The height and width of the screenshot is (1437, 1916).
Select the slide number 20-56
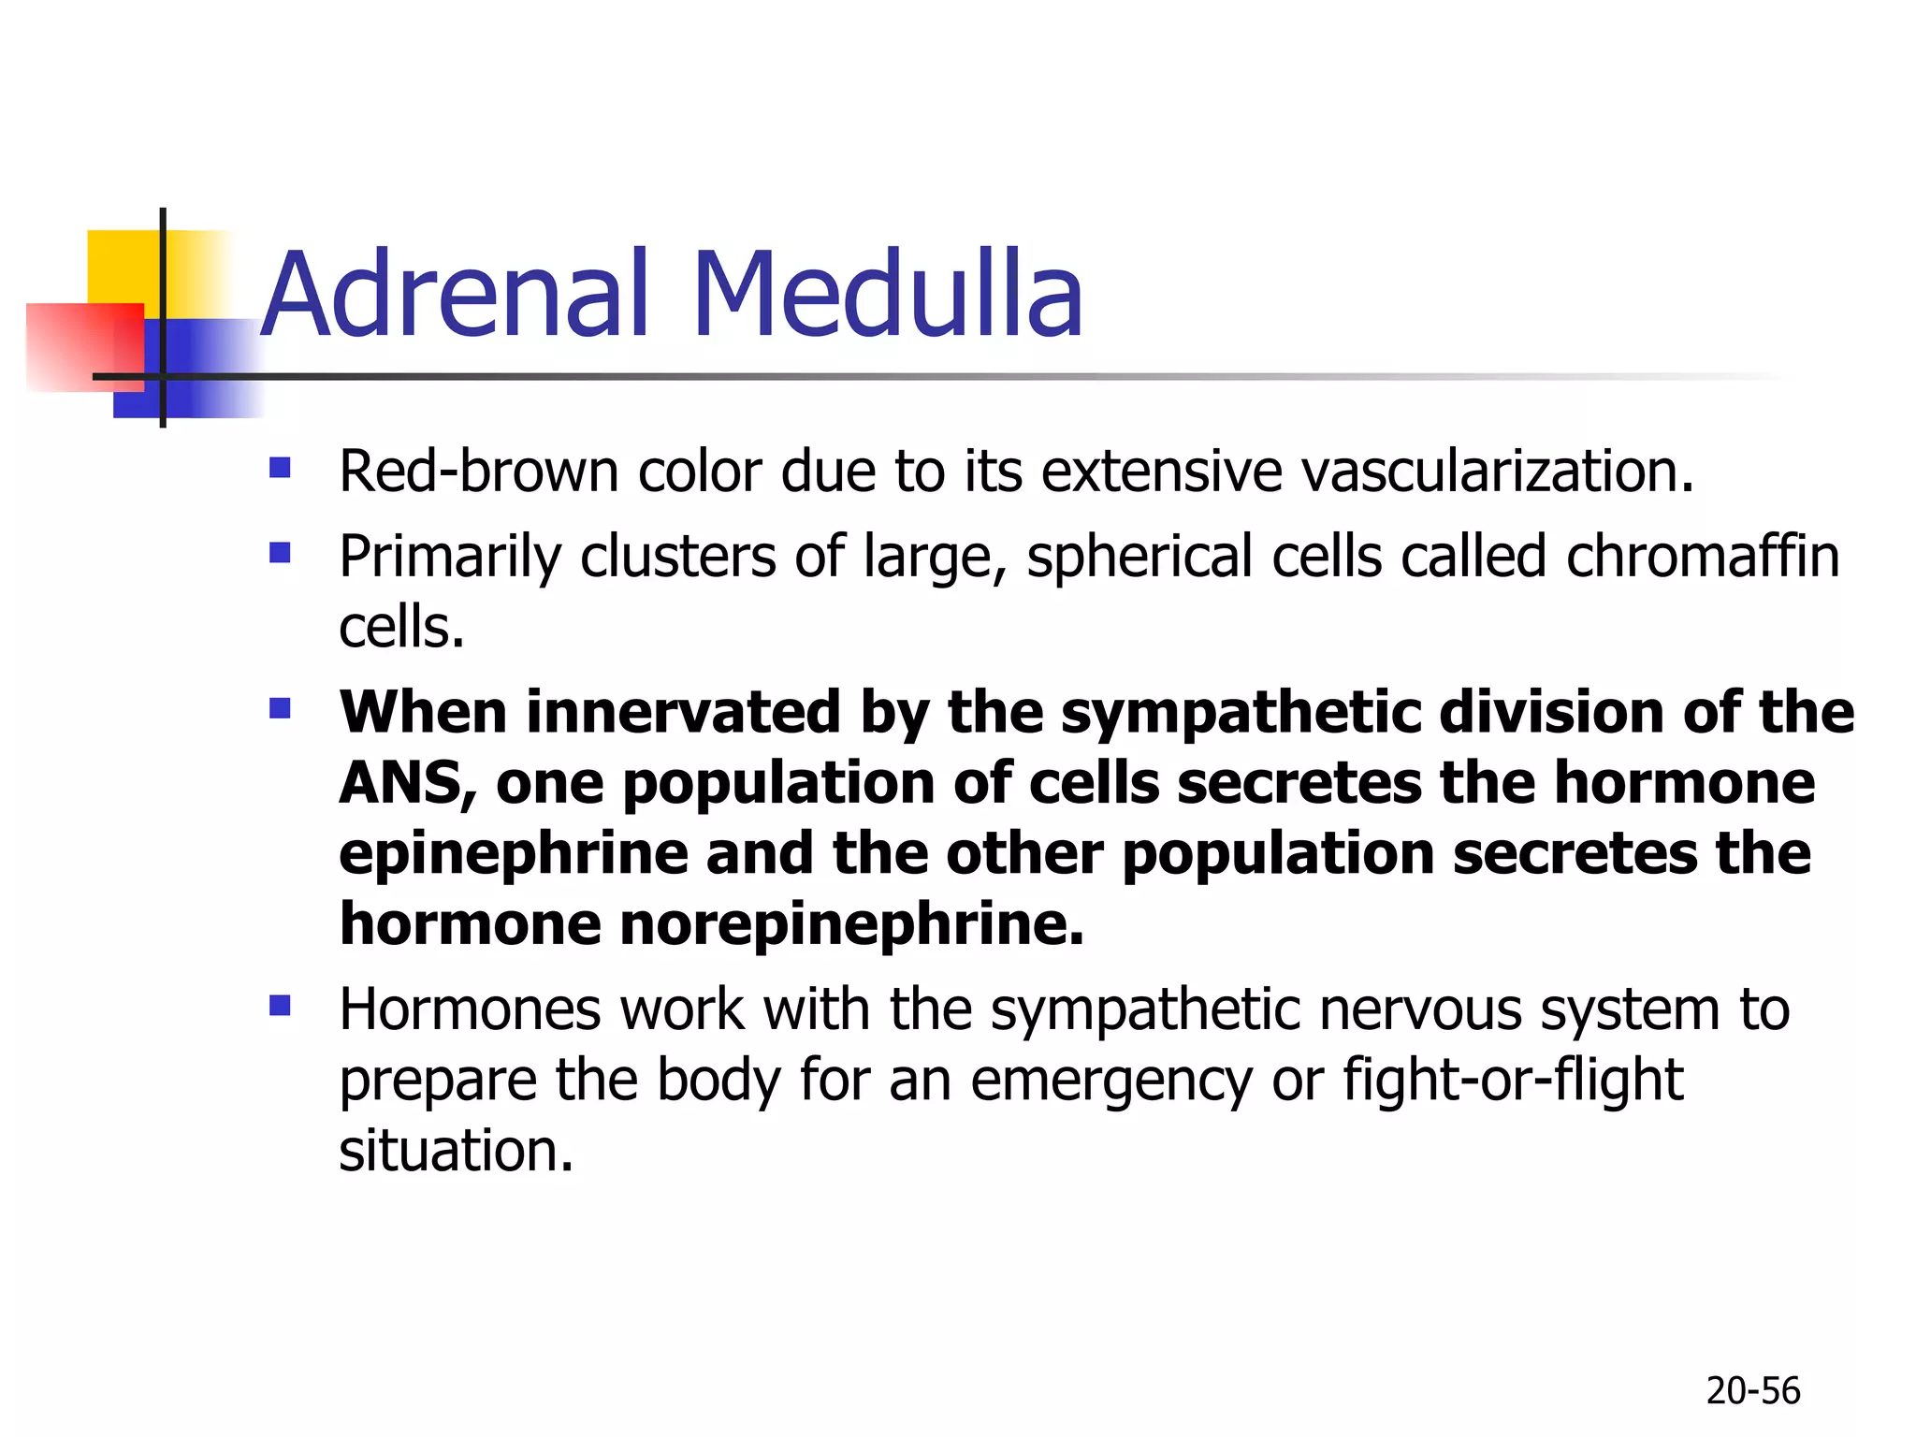(1752, 1391)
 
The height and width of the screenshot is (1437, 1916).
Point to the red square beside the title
(84, 346)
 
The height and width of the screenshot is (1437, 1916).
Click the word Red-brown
(478, 471)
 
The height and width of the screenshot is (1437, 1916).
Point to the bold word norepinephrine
(851, 924)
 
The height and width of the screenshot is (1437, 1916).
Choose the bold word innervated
(684, 713)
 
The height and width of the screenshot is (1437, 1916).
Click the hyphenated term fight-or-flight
(1513, 1081)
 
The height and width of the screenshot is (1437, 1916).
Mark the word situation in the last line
(455, 1151)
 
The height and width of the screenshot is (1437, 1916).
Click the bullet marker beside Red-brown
(280, 467)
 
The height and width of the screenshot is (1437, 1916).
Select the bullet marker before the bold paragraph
(280, 708)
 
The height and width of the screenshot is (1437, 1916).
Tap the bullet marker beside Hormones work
(280, 1006)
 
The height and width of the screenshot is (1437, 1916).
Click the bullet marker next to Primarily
(280, 553)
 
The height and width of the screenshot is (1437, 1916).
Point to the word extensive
(1161, 471)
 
